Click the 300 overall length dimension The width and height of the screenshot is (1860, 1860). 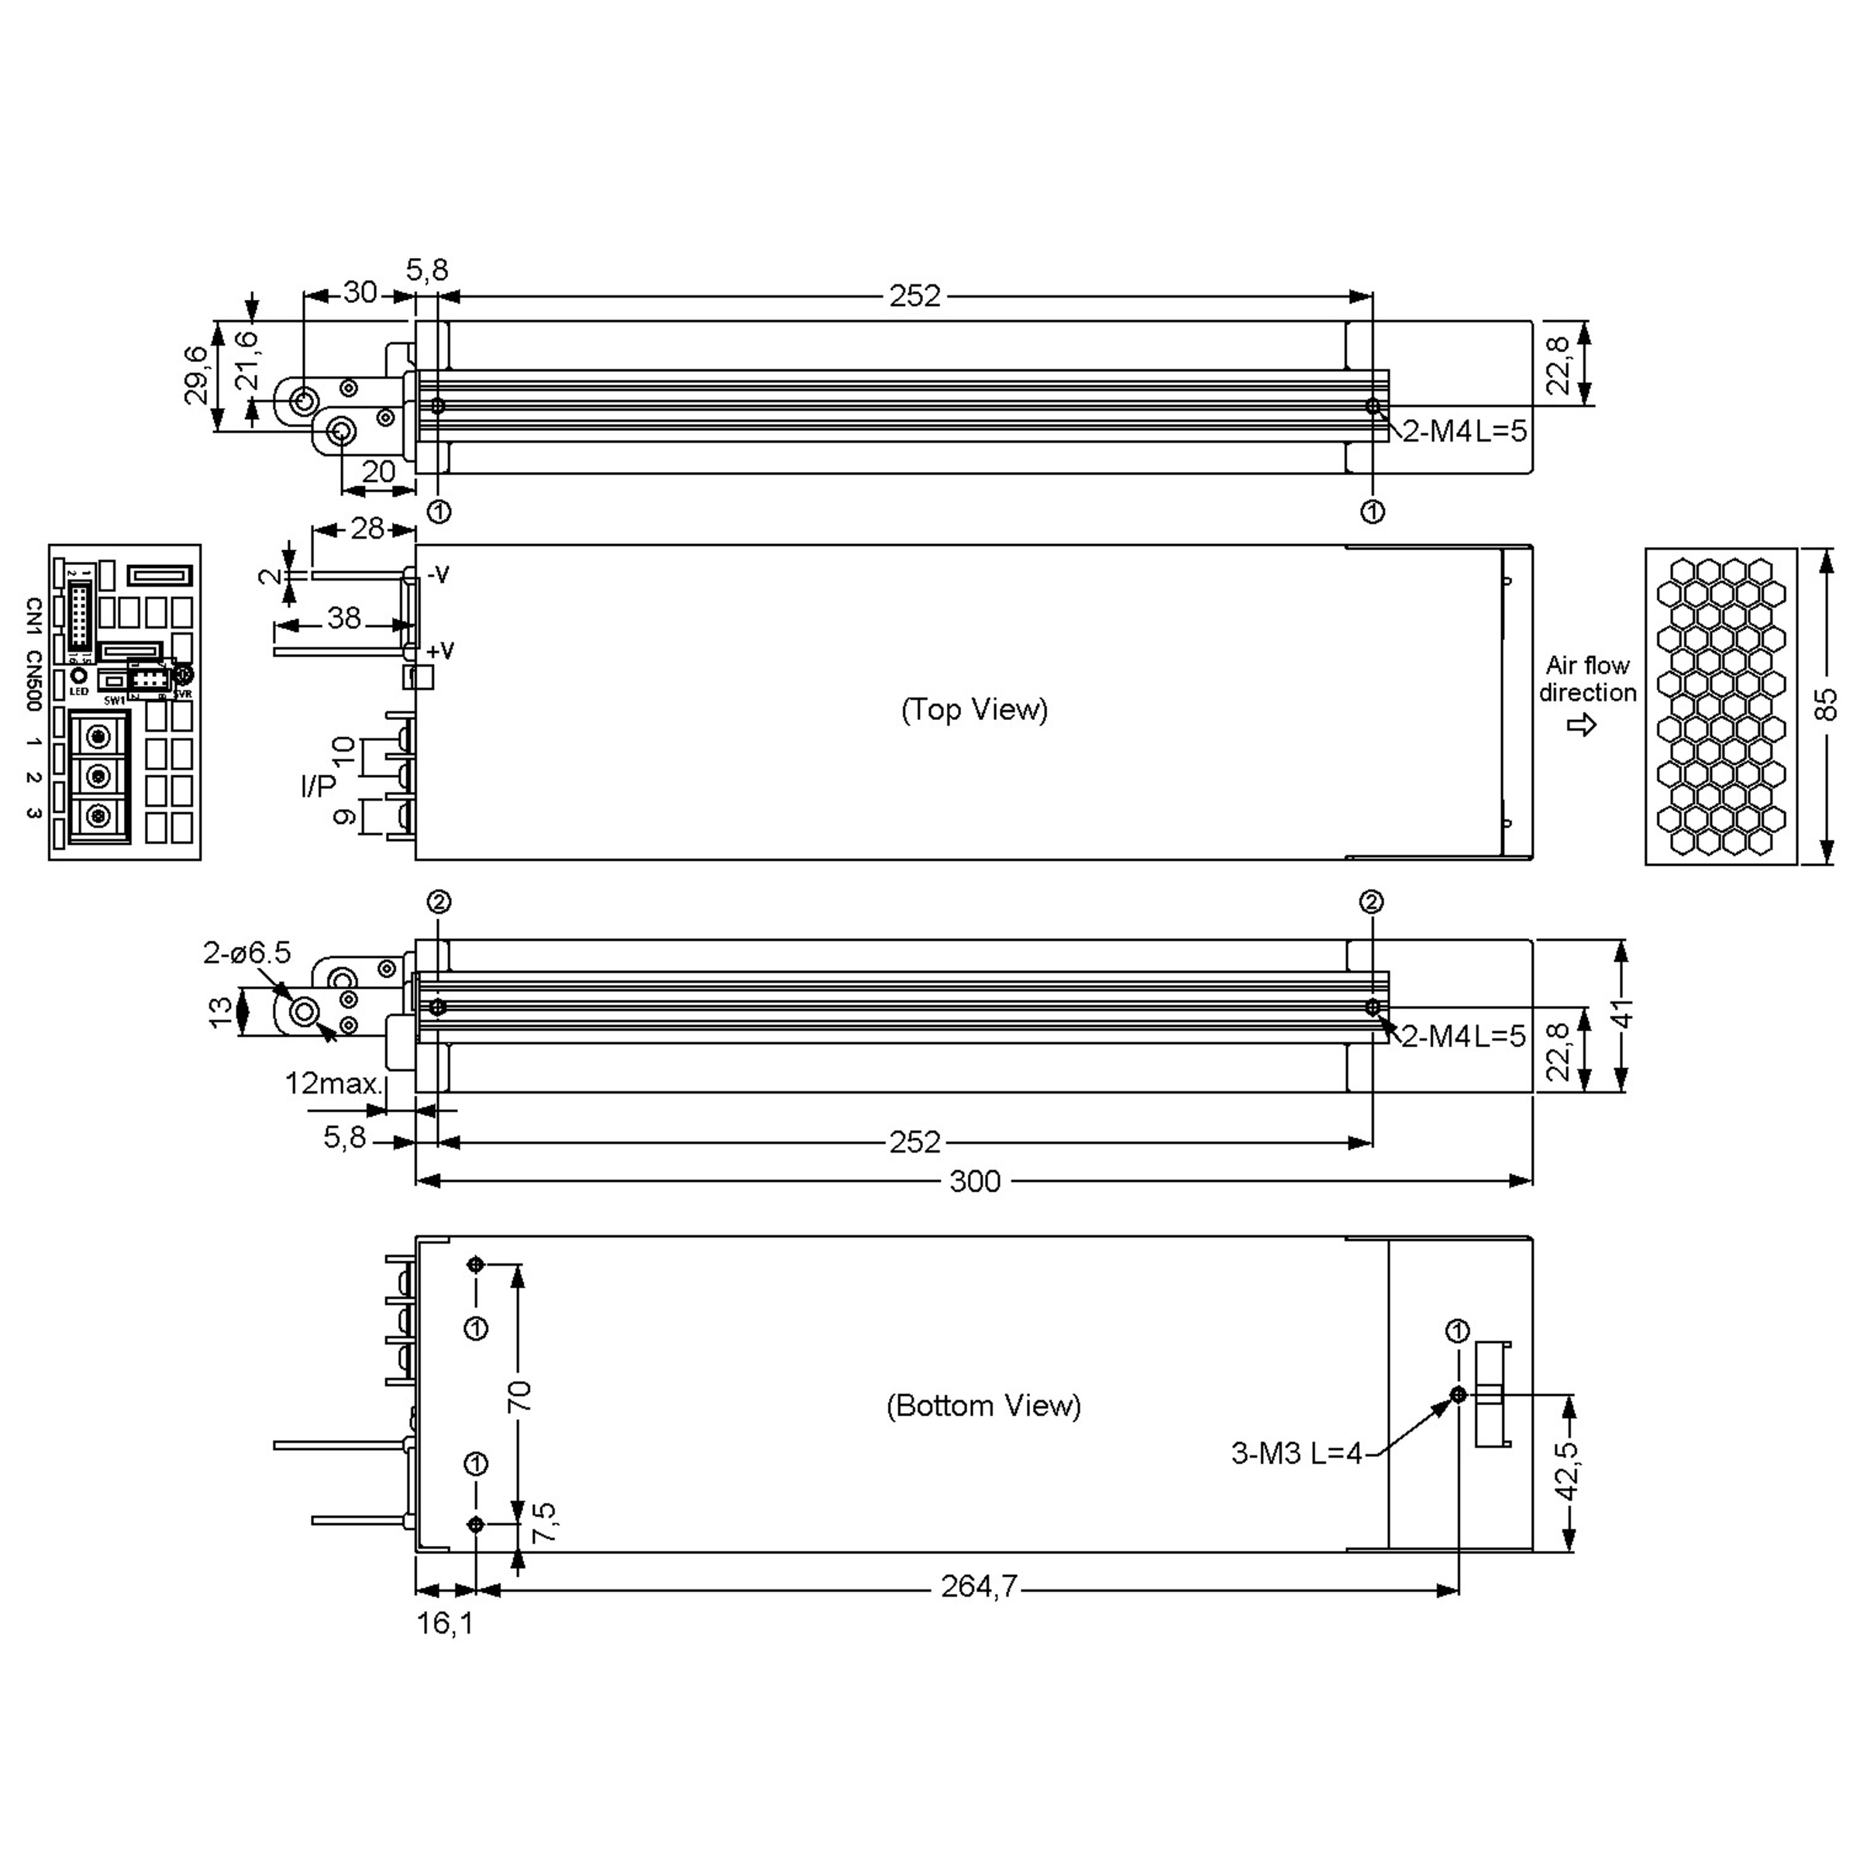coord(974,1181)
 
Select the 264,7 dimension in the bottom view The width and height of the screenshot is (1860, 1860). coord(978,1586)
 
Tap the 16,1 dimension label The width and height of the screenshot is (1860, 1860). coord(445,1623)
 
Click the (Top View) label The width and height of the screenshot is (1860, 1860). coord(974,710)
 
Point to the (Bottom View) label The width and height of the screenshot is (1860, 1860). coord(983,1406)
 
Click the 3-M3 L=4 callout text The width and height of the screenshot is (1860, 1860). coord(1297,1453)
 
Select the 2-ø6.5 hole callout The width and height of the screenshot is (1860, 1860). coord(246,953)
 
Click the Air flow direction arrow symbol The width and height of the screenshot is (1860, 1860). coord(1582,725)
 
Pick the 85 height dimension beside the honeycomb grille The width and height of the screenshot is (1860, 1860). coord(1825,704)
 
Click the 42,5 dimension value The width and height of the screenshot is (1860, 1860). coord(1569,1470)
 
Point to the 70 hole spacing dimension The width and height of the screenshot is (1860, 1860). coord(519,1395)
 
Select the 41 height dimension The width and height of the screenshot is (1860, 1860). coord(1623,1014)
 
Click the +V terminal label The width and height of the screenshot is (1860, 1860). coord(440,651)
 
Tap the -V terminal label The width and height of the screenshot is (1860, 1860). coord(438,575)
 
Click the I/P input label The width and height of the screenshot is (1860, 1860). coord(318,787)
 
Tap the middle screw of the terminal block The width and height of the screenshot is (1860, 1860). coord(97,775)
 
